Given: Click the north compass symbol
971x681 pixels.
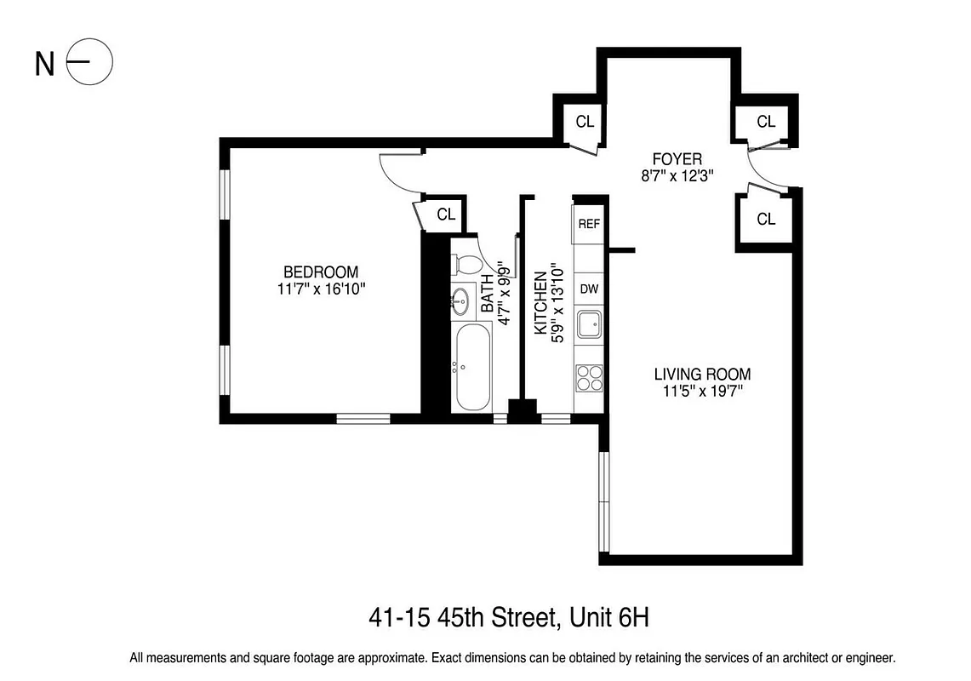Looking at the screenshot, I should [89, 63].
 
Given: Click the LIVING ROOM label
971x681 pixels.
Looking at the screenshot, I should [702, 374].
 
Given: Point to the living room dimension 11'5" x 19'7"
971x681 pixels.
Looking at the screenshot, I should [702, 392].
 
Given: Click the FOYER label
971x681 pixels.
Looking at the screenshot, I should [677, 159].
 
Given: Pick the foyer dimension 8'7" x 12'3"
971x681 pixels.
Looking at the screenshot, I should [677, 176].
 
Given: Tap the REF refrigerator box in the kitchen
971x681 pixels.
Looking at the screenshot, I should [589, 224].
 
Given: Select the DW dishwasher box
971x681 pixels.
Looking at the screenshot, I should [589, 289].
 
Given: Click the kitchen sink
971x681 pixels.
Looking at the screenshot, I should [589, 325].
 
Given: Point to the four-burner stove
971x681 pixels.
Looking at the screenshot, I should [589, 375].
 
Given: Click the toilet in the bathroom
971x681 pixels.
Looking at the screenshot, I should [465, 263].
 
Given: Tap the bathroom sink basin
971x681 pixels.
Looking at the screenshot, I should [460, 300].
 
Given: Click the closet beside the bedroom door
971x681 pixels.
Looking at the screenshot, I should [445, 214].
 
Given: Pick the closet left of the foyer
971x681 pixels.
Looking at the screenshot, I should [584, 121].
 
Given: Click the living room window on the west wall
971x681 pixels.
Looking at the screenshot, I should [604, 502].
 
